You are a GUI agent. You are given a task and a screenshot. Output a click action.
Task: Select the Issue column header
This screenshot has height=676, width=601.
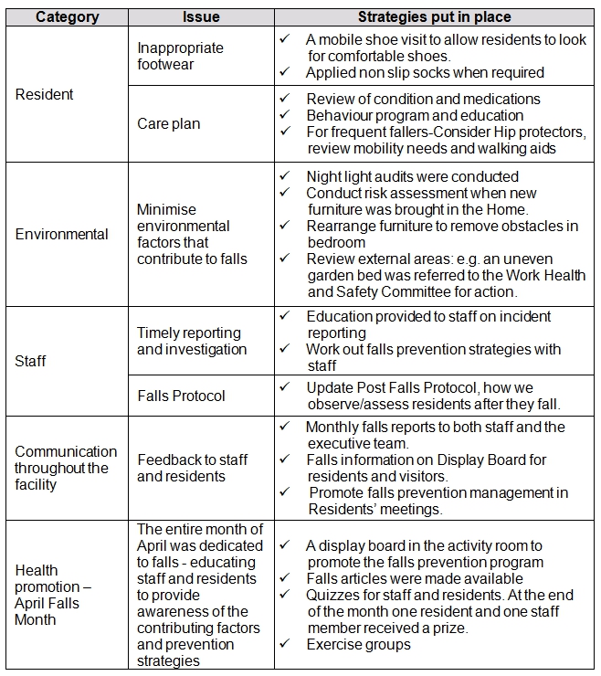[x=201, y=16]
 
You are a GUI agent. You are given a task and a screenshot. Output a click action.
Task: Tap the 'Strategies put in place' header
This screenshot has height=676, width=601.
[x=434, y=16]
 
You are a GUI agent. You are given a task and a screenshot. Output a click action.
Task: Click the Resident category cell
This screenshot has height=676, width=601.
[x=44, y=94]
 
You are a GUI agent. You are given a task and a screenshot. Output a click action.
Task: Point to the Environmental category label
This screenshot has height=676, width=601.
[x=61, y=234]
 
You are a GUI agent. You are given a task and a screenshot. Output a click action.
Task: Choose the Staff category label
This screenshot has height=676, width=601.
[x=30, y=361]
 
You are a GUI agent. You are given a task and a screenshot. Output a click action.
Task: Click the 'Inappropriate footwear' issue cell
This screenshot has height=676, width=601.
[x=180, y=56]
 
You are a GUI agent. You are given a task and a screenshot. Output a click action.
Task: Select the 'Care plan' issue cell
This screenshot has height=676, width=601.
[x=168, y=123]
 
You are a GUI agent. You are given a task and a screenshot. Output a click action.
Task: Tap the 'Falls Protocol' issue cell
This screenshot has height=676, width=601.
[x=181, y=396]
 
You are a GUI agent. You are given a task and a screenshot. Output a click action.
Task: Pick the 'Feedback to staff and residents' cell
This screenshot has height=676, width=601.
[x=192, y=468]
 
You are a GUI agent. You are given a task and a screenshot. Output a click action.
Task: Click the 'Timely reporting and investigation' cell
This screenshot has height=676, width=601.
[x=192, y=341]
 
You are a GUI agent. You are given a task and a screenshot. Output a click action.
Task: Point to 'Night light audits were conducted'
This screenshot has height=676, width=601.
[x=412, y=176]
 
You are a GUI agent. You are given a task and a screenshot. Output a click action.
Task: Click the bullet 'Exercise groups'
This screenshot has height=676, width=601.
[x=358, y=644]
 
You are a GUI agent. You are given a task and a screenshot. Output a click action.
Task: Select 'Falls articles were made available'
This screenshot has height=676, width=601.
[x=415, y=578]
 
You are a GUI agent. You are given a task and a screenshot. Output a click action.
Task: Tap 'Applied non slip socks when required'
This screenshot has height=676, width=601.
[x=425, y=72]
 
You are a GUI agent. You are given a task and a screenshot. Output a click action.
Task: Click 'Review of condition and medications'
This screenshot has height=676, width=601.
[x=423, y=99]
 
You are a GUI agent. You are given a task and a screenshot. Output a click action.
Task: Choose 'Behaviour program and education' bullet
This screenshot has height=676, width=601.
[x=415, y=115]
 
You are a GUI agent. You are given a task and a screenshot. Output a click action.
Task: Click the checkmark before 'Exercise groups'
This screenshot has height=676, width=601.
[x=286, y=644]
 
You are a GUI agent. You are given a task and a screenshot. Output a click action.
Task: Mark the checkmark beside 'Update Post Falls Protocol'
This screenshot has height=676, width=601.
[x=286, y=387]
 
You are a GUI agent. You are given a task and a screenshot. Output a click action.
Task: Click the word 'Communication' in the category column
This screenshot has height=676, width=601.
[x=66, y=451]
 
